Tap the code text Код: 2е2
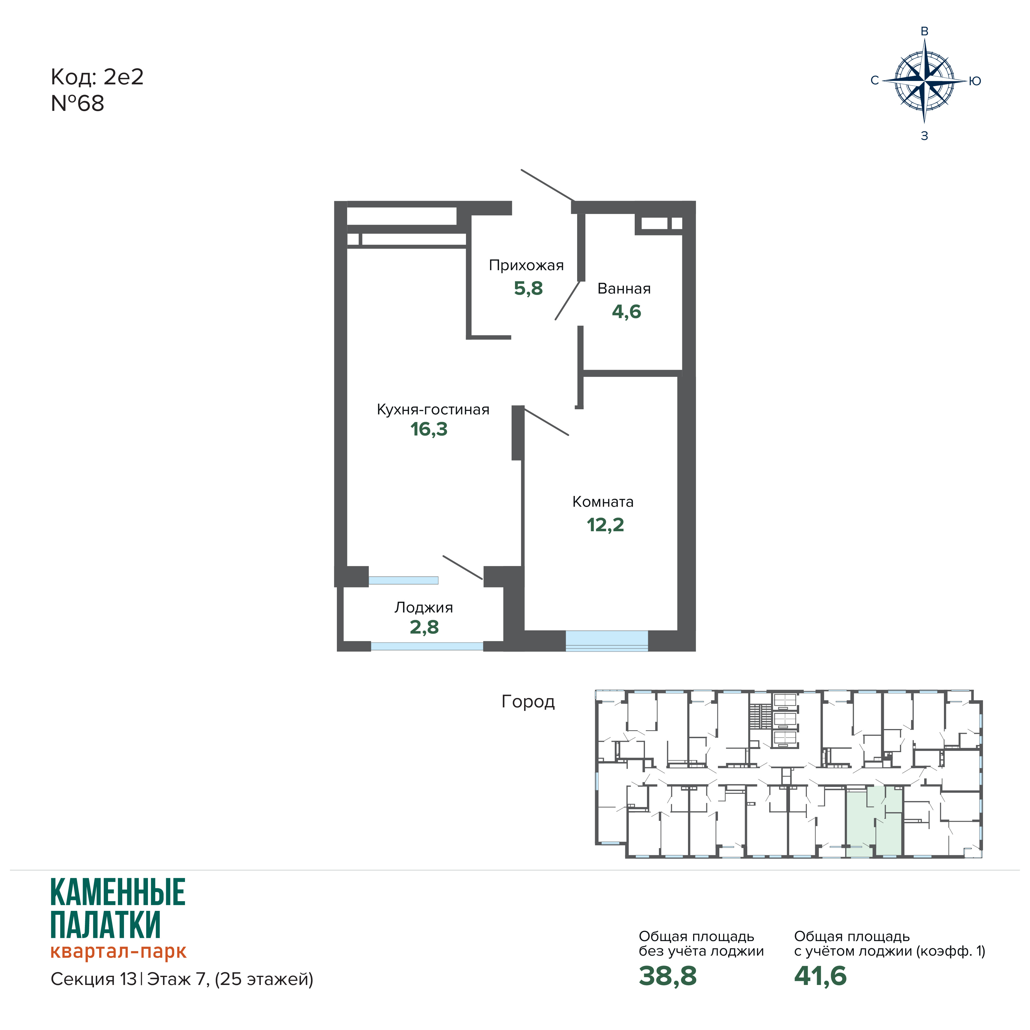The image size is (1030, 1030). tap(97, 77)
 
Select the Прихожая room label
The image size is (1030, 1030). tap(526, 266)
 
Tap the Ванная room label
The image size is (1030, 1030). tap(624, 289)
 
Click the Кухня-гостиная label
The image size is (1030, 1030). tap(433, 410)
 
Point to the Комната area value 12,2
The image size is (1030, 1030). tap(605, 525)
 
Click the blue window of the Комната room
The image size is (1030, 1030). tap(607, 641)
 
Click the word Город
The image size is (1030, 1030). tap(528, 702)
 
